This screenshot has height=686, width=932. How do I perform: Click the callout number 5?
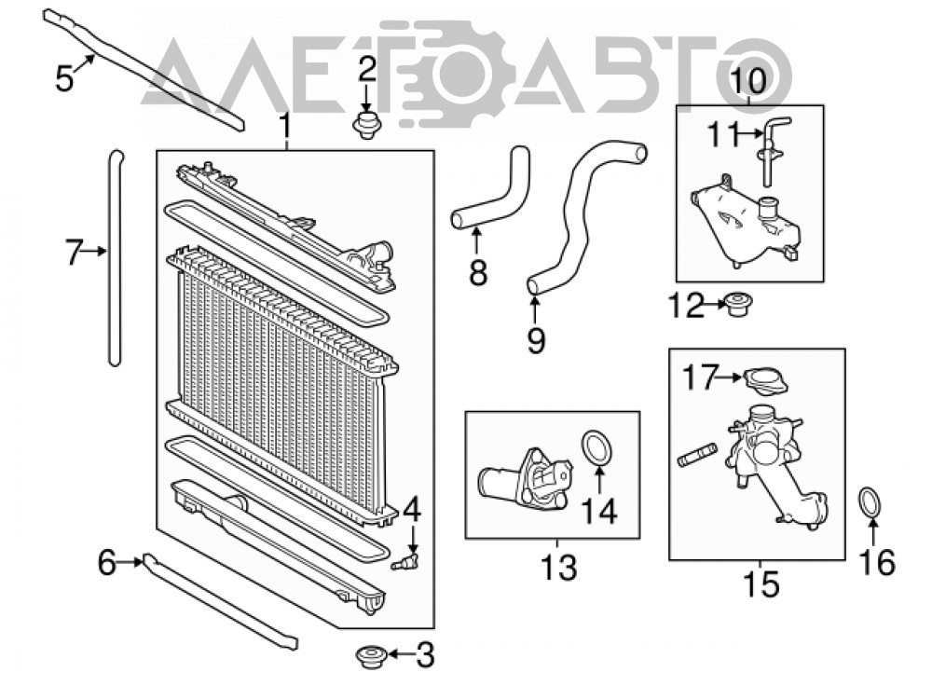click(64, 78)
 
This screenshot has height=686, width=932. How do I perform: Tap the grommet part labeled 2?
click(366, 126)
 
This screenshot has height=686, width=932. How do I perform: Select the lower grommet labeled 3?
click(371, 655)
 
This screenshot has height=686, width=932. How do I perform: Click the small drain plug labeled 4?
click(406, 561)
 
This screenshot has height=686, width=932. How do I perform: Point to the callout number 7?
click(73, 252)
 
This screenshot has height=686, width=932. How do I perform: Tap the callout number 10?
click(748, 81)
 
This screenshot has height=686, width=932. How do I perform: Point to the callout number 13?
click(558, 568)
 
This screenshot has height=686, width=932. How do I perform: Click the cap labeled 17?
click(765, 381)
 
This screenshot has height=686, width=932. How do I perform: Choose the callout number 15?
click(761, 583)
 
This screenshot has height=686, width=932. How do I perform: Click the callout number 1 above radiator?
click(286, 126)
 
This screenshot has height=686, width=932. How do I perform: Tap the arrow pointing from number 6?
click(130, 561)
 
